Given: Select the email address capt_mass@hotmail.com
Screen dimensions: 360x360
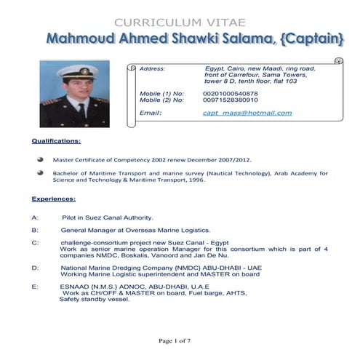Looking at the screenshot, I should tap(247, 113).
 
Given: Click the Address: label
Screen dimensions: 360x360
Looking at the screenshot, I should tap(152, 68).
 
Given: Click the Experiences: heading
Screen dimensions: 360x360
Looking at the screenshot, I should tap(54, 198).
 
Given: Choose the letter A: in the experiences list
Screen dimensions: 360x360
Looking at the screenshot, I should tap(35, 217).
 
